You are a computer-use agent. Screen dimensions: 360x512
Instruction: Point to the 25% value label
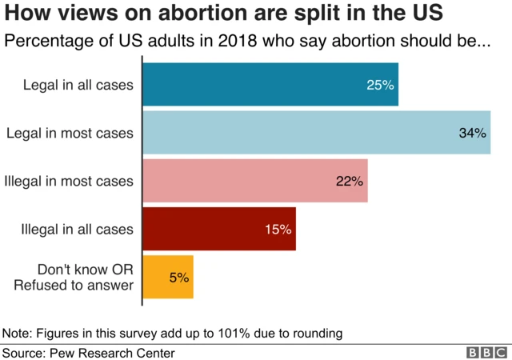tap(381, 85)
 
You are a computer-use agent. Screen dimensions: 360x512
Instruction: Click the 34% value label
tap(473, 133)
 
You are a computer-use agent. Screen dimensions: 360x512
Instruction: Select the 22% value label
tap(350, 181)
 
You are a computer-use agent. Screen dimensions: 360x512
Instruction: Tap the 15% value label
tap(278, 229)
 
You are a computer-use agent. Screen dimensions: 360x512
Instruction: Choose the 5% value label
tap(178, 278)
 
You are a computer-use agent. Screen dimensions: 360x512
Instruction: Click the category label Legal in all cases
tap(78, 85)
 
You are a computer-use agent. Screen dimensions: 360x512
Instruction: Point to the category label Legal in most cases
tap(70, 133)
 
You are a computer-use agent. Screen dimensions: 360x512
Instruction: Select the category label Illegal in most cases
tap(68, 181)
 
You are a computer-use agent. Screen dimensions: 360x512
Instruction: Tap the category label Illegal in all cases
tap(77, 229)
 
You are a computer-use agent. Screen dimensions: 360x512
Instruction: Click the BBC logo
tap(486, 352)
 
